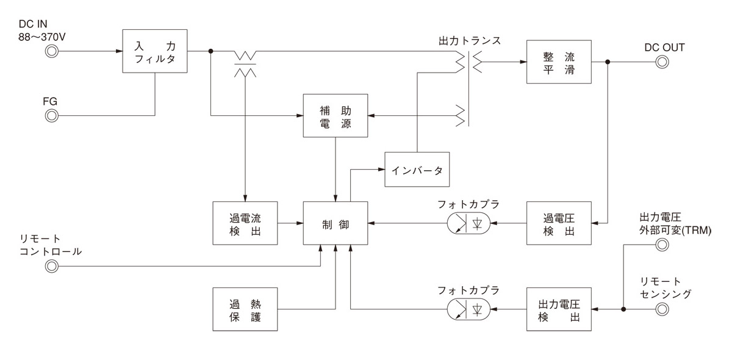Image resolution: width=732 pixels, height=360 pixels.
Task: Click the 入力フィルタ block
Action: (x=154, y=51)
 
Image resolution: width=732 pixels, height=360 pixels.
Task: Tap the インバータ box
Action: (x=417, y=169)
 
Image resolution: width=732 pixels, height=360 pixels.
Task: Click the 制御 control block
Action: (x=335, y=224)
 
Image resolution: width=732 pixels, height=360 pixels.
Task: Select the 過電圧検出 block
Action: (x=559, y=224)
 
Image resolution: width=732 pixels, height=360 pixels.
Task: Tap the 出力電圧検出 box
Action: (x=559, y=309)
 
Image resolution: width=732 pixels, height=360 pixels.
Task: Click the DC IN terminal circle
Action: (x=52, y=52)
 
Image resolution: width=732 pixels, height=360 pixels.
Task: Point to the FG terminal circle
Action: (x=52, y=115)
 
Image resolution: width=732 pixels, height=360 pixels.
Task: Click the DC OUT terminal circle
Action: (x=662, y=62)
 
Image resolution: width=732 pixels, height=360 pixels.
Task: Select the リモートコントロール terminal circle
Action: (x=52, y=266)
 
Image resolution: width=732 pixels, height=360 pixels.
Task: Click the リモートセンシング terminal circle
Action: (x=662, y=309)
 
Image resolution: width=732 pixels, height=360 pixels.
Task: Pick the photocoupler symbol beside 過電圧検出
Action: (x=470, y=224)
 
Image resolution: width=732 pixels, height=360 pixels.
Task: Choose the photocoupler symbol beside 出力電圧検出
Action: (x=470, y=309)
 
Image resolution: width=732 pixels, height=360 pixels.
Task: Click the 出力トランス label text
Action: (x=469, y=41)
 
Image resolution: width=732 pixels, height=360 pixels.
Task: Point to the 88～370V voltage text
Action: (x=43, y=37)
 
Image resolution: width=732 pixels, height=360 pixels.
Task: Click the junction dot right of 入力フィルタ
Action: (x=210, y=51)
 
